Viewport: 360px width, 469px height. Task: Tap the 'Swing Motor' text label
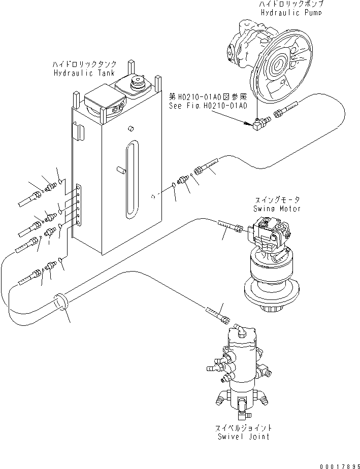tap(276, 209)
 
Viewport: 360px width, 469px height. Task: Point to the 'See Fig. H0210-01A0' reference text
tap(208, 106)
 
